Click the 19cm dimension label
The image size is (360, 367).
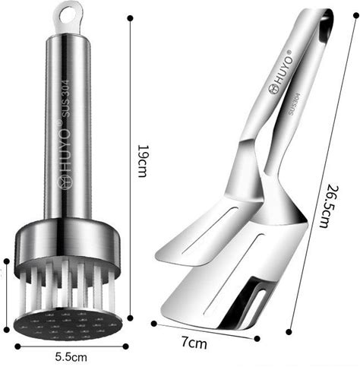[x=142, y=161]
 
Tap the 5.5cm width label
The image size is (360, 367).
[x=71, y=357]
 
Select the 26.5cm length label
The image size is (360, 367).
[x=330, y=207]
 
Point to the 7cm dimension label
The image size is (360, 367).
[x=194, y=343]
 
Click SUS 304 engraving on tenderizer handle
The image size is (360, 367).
[x=65, y=98]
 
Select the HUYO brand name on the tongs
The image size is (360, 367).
[x=284, y=68]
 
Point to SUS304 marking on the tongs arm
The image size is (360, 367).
[x=295, y=104]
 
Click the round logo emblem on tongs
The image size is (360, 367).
[x=273, y=90]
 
